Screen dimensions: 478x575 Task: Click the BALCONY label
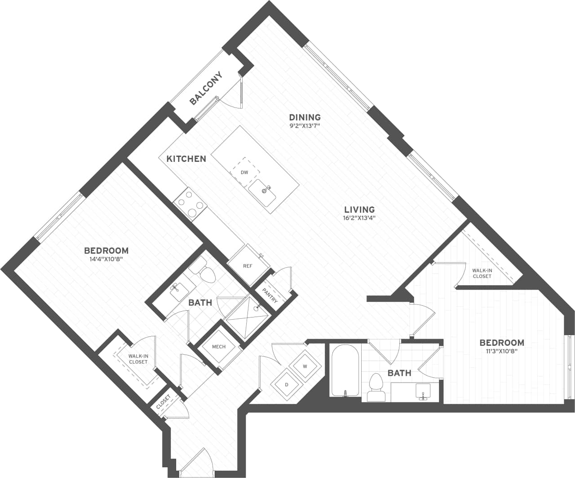click(x=206, y=89)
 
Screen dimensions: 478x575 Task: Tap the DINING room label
click(x=305, y=117)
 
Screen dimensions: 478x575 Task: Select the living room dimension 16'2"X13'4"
click(x=359, y=218)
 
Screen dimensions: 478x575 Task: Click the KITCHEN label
click(x=186, y=159)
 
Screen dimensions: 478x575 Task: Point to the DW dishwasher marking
click(x=244, y=172)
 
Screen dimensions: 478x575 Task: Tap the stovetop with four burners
click(x=191, y=204)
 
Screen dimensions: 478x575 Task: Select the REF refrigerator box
click(x=248, y=266)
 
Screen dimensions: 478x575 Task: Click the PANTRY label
click(x=270, y=295)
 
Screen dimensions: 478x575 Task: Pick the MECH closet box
click(x=218, y=347)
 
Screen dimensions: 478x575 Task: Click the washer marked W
click(x=305, y=366)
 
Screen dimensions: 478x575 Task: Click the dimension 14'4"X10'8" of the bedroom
click(x=106, y=259)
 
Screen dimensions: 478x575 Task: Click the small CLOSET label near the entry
click(x=164, y=402)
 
